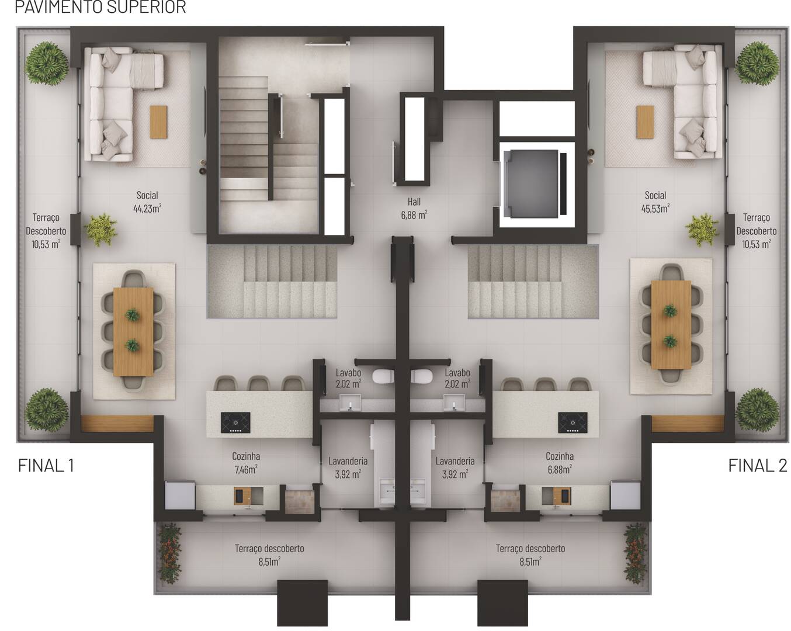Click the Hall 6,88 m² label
414,209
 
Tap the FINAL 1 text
46,466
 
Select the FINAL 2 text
757,466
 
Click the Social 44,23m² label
147,202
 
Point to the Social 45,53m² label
655,202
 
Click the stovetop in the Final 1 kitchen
235,422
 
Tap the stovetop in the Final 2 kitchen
573,422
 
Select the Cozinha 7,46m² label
246,462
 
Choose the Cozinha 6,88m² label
559,462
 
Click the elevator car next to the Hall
532,183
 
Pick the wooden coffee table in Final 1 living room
158,122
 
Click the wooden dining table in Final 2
671,325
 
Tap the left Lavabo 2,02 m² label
348,378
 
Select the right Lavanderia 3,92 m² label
455,467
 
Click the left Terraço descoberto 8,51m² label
269,554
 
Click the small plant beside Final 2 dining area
702,230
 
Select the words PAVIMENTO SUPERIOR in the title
100,7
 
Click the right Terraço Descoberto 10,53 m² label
756,231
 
